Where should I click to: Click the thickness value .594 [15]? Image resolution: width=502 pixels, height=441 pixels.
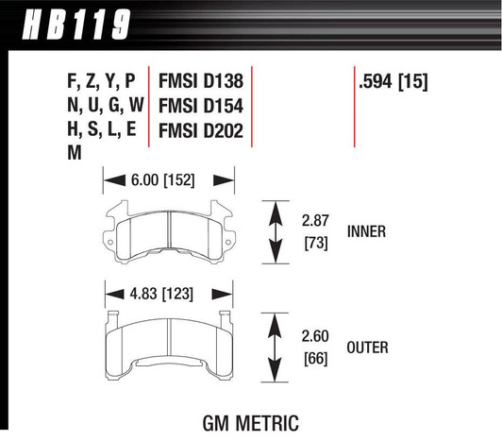pyautogui.click(x=393, y=82)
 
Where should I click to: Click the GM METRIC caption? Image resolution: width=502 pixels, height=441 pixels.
pyautogui.click(x=251, y=421)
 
